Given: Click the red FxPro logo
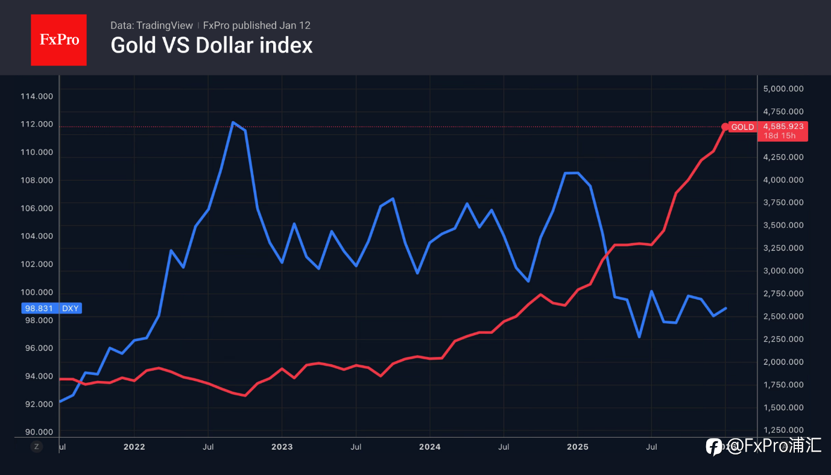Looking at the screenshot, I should (58, 40).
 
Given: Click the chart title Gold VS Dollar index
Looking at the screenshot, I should (211, 46).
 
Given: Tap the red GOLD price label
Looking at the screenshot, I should (742, 127).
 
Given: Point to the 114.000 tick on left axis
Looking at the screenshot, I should (37, 96).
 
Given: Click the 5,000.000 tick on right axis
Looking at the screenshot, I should (783, 89).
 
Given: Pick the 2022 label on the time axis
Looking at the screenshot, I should (134, 447).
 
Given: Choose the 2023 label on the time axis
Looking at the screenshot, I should (282, 447).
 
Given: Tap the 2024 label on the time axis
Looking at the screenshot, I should (430, 447).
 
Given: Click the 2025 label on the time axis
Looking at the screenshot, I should (578, 447).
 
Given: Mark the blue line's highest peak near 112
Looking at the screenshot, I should (233, 122).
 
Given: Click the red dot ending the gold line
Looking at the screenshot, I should (725, 127).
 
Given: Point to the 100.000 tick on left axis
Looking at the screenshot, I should (37, 292).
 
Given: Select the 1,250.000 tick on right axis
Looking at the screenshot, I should (783, 430).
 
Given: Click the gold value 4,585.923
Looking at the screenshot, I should (783, 127).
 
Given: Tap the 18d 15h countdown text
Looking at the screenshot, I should (780, 136).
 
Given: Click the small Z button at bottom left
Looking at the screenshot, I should (37, 447).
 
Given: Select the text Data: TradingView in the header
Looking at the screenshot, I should (151, 25).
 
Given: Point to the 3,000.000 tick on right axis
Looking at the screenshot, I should (783, 271).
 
